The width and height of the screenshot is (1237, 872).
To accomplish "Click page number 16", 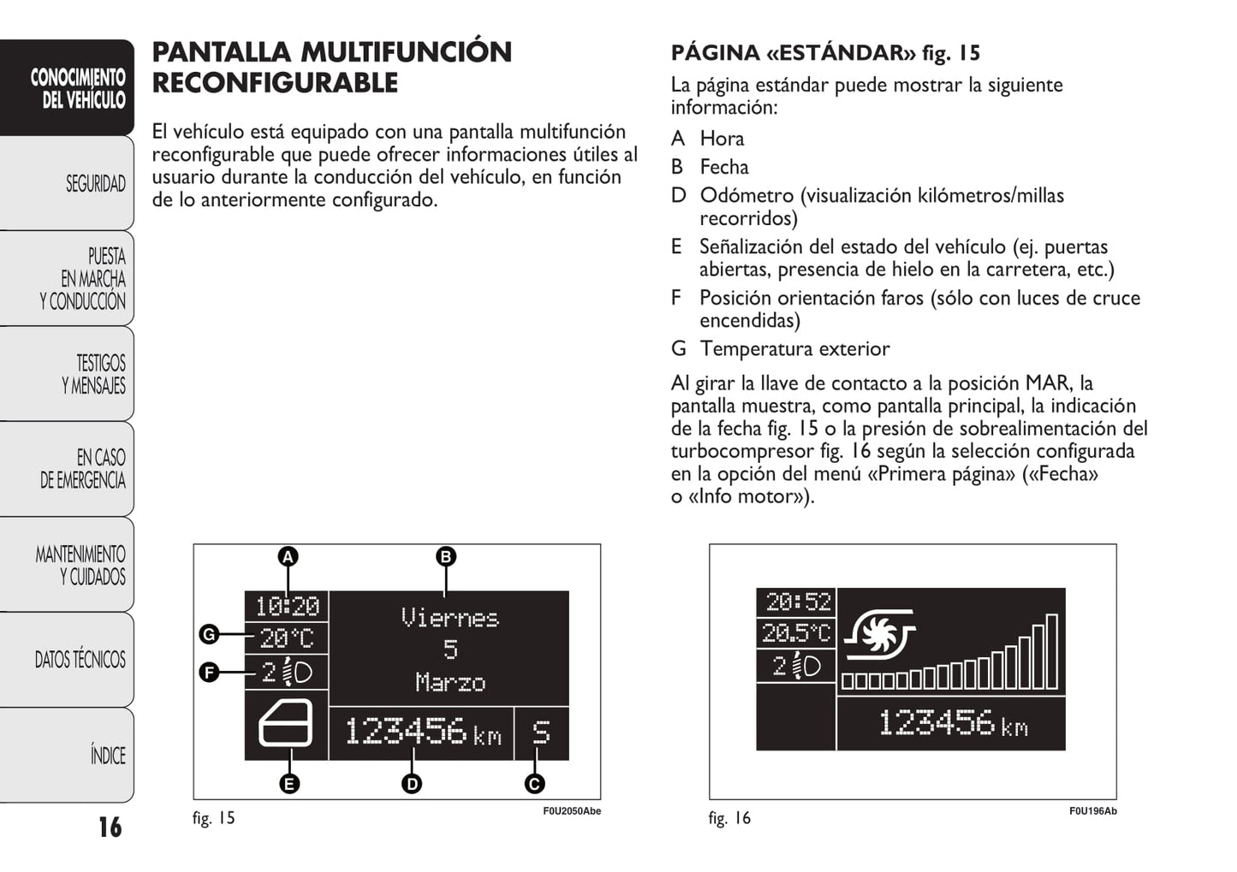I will coord(110,827).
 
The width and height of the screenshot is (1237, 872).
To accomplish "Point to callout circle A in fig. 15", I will coord(288,557).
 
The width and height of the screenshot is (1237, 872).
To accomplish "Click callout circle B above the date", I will coord(445,557).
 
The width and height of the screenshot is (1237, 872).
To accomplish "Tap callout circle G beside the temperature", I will coord(209,634).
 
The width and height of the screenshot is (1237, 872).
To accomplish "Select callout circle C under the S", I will coord(535,784).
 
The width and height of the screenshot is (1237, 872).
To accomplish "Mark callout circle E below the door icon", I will coord(289,784).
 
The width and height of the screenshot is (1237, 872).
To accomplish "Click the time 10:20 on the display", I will coord(287,606).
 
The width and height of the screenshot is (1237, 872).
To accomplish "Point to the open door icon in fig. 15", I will coord(285,724).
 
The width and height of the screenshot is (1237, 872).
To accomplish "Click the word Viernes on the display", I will coord(449,618).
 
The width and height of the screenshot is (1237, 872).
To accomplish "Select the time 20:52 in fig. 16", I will coord(797,602).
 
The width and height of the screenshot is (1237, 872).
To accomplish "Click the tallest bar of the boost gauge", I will coord(1051,652).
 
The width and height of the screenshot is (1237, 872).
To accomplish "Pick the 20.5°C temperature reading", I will coord(796,633).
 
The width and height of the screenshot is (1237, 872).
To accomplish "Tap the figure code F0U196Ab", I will coord(1092,811).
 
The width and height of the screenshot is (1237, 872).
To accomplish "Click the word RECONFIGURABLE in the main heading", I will coord(275,83).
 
